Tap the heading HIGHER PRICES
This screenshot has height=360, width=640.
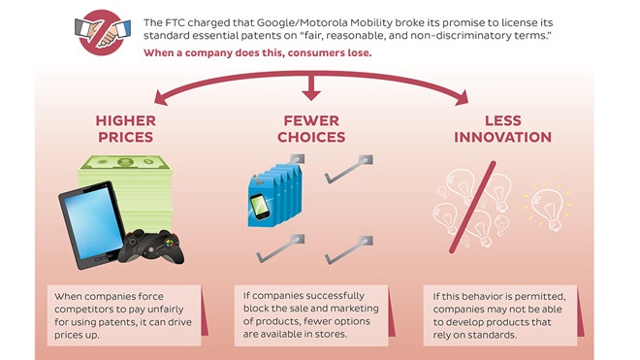click(126, 128)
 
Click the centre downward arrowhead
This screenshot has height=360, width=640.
click(311, 93)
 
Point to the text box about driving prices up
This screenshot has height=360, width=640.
click(126, 311)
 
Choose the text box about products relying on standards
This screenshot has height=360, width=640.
click(502, 311)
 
